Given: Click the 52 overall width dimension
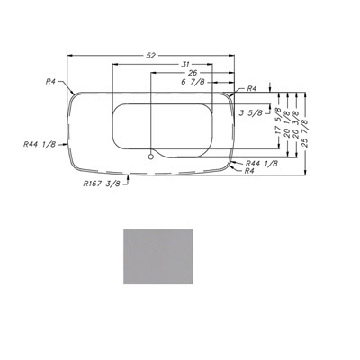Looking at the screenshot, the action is click(x=151, y=56).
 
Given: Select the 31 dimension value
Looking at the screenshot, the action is click(x=185, y=64).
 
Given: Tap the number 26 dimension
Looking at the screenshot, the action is click(x=193, y=73).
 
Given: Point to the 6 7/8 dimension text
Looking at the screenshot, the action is click(x=193, y=82).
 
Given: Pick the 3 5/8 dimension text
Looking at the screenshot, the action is click(x=251, y=112).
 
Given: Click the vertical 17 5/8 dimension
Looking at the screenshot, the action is click(x=278, y=121).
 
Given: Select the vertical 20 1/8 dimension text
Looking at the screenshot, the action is click(x=287, y=124).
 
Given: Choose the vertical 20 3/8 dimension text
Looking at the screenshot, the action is click(x=296, y=124).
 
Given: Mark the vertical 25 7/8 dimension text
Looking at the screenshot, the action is click(x=304, y=133).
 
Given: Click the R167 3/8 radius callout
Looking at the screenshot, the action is click(x=102, y=184).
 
